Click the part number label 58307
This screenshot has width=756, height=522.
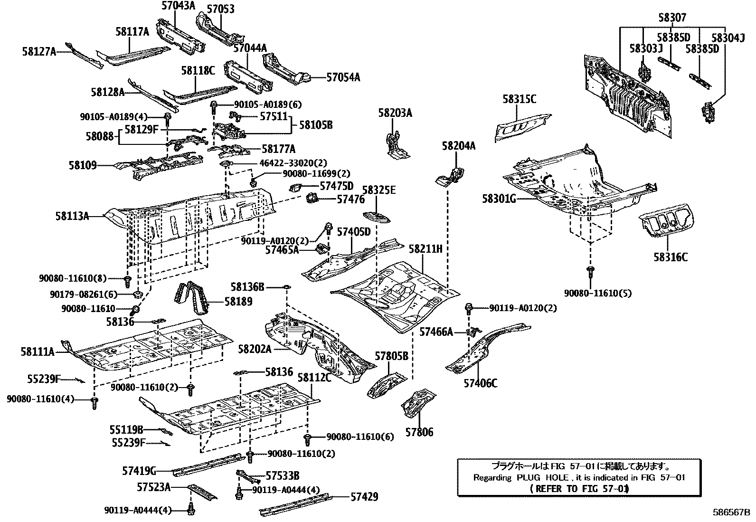[x=672, y=18]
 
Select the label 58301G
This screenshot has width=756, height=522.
[x=499, y=199]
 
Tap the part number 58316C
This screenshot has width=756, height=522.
[x=670, y=257]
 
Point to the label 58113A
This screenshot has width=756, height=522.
[x=72, y=217]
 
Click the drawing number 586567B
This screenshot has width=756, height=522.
[x=730, y=513]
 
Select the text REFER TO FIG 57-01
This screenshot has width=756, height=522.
[x=579, y=489]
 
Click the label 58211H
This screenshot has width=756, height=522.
[x=425, y=248]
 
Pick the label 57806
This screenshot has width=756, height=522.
[x=419, y=432]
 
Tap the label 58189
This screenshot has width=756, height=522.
[x=238, y=302]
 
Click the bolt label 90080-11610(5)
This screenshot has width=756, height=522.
[x=598, y=293]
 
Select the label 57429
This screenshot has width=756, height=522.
[x=364, y=497]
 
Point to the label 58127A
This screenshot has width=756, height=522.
[x=38, y=51]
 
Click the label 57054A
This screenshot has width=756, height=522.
[x=343, y=77]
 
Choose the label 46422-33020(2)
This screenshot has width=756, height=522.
[x=293, y=163]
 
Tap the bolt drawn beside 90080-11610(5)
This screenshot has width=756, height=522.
[x=591, y=272]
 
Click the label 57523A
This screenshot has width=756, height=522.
[x=153, y=487]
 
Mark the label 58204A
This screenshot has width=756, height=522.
[x=458, y=146]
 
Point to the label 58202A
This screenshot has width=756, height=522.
[x=255, y=350]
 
